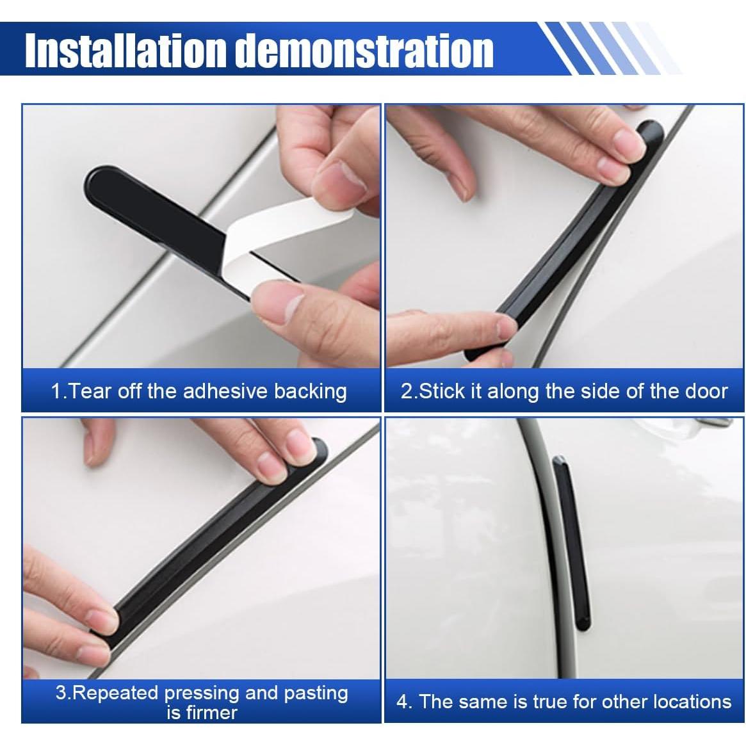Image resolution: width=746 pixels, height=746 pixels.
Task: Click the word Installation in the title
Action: click(x=126, y=51)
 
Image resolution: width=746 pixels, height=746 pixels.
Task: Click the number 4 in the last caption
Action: click(x=403, y=701)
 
